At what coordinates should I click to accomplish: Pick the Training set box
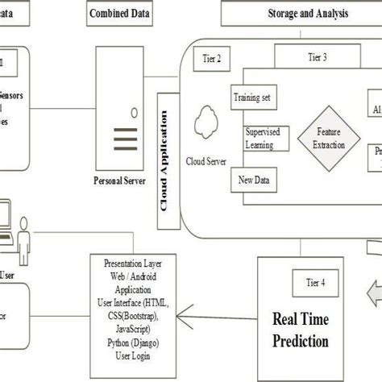[x=251, y=98]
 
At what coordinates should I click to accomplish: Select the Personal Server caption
[x=119, y=181]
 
